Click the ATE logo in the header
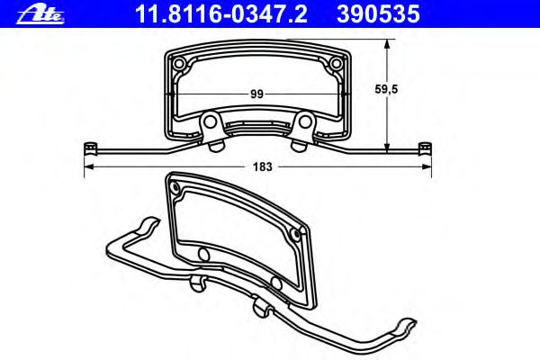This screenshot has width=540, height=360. (40, 14)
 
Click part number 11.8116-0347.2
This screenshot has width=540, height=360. (221, 14)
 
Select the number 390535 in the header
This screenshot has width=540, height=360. (378, 14)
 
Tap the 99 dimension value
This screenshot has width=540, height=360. (256, 94)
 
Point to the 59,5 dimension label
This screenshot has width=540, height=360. (386, 89)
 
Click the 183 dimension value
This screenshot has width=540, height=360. (263, 167)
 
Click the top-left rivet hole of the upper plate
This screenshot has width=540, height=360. (179, 63)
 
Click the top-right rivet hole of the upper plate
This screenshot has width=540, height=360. (336, 63)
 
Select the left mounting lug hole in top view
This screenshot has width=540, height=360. (209, 121)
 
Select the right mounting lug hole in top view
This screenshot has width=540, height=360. (305, 121)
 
